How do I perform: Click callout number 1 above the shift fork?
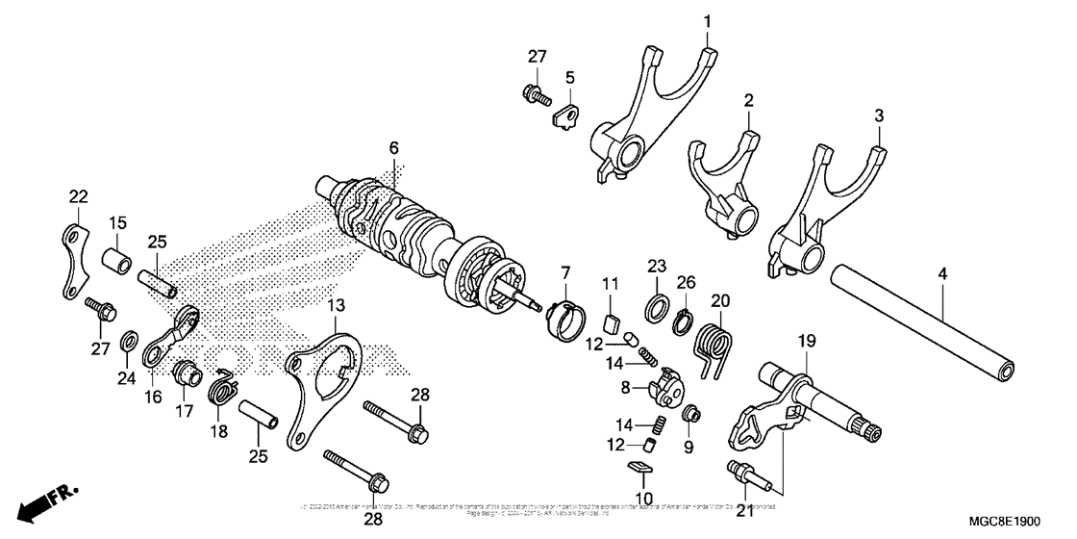click(x=707, y=20)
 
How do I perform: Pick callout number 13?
click(x=335, y=305)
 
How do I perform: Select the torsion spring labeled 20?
click(x=717, y=343)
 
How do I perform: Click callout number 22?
click(x=78, y=197)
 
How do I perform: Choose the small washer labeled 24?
click(x=127, y=342)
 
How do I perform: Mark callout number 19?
click(x=806, y=341)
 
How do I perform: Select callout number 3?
click(x=878, y=115)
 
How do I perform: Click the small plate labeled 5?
click(x=565, y=116)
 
